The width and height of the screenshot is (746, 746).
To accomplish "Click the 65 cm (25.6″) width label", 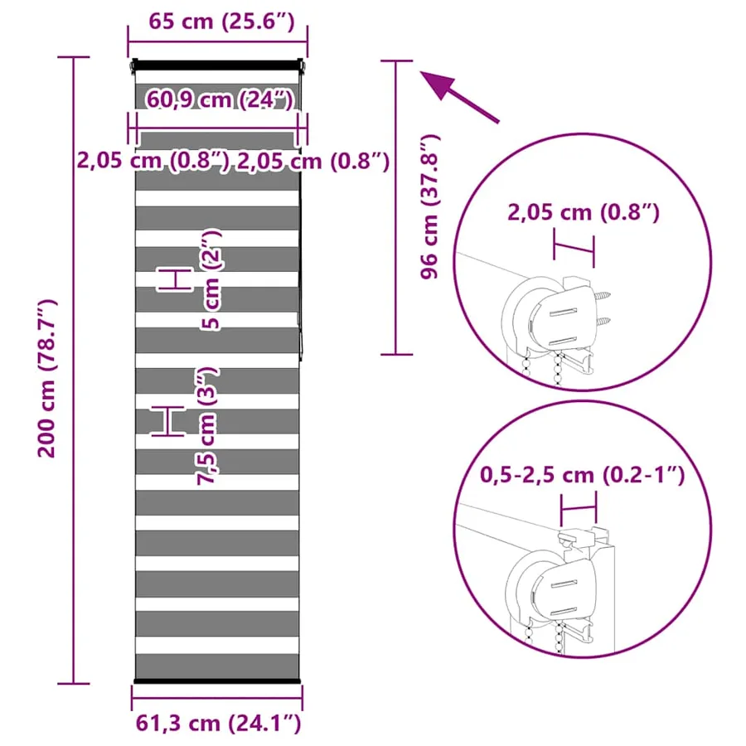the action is [221, 22].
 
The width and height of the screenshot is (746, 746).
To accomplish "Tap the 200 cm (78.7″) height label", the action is [47, 378].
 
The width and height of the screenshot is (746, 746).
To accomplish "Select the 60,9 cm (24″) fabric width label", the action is [220, 99].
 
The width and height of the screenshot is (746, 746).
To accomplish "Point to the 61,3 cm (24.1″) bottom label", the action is [218, 723].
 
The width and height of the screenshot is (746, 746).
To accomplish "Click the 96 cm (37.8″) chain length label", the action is [429, 206].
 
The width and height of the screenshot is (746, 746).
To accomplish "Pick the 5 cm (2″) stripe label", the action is [211, 280].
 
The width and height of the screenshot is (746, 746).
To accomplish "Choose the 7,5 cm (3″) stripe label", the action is [207, 426].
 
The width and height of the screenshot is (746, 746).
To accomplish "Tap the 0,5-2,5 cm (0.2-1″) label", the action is [583, 474].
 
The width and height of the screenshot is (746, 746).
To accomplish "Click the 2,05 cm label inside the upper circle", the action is [584, 212].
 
